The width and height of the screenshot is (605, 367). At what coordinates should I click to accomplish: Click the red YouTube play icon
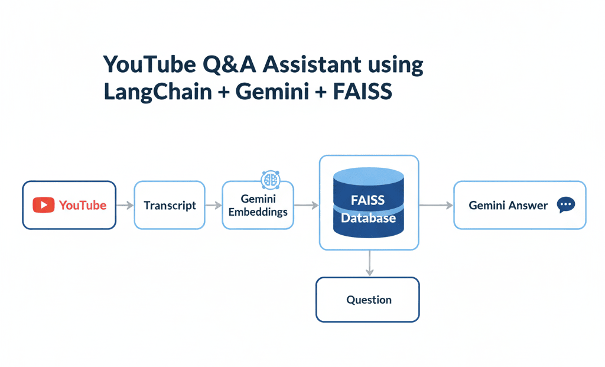pyautogui.click(x=44, y=205)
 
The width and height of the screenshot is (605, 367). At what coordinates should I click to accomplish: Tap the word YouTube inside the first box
pyautogui.click(x=83, y=206)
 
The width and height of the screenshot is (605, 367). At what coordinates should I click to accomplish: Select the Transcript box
pyautogui.click(x=170, y=206)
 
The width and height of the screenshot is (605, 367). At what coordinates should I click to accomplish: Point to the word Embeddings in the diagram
pyautogui.click(x=259, y=212)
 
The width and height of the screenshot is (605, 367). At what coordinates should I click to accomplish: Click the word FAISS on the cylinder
pyautogui.click(x=367, y=200)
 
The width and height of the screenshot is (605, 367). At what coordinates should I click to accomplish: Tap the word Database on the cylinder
pyautogui.click(x=368, y=219)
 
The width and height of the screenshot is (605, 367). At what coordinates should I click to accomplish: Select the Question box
pyautogui.click(x=367, y=300)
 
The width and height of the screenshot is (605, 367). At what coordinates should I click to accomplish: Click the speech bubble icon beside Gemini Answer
pyautogui.click(x=565, y=205)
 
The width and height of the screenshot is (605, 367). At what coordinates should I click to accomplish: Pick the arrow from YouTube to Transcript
pyautogui.click(x=125, y=206)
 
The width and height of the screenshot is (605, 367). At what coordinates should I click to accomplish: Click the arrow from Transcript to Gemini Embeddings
pyautogui.click(x=213, y=206)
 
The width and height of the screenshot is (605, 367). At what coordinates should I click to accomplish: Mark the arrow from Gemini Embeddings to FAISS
pyautogui.click(x=307, y=206)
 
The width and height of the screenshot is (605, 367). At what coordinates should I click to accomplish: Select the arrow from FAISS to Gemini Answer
pyautogui.click(x=436, y=206)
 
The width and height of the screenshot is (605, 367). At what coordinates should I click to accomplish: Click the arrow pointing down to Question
pyautogui.click(x=369, y=263)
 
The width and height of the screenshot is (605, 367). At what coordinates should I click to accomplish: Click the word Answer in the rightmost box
pyautogui.click(x=529, y=206)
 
